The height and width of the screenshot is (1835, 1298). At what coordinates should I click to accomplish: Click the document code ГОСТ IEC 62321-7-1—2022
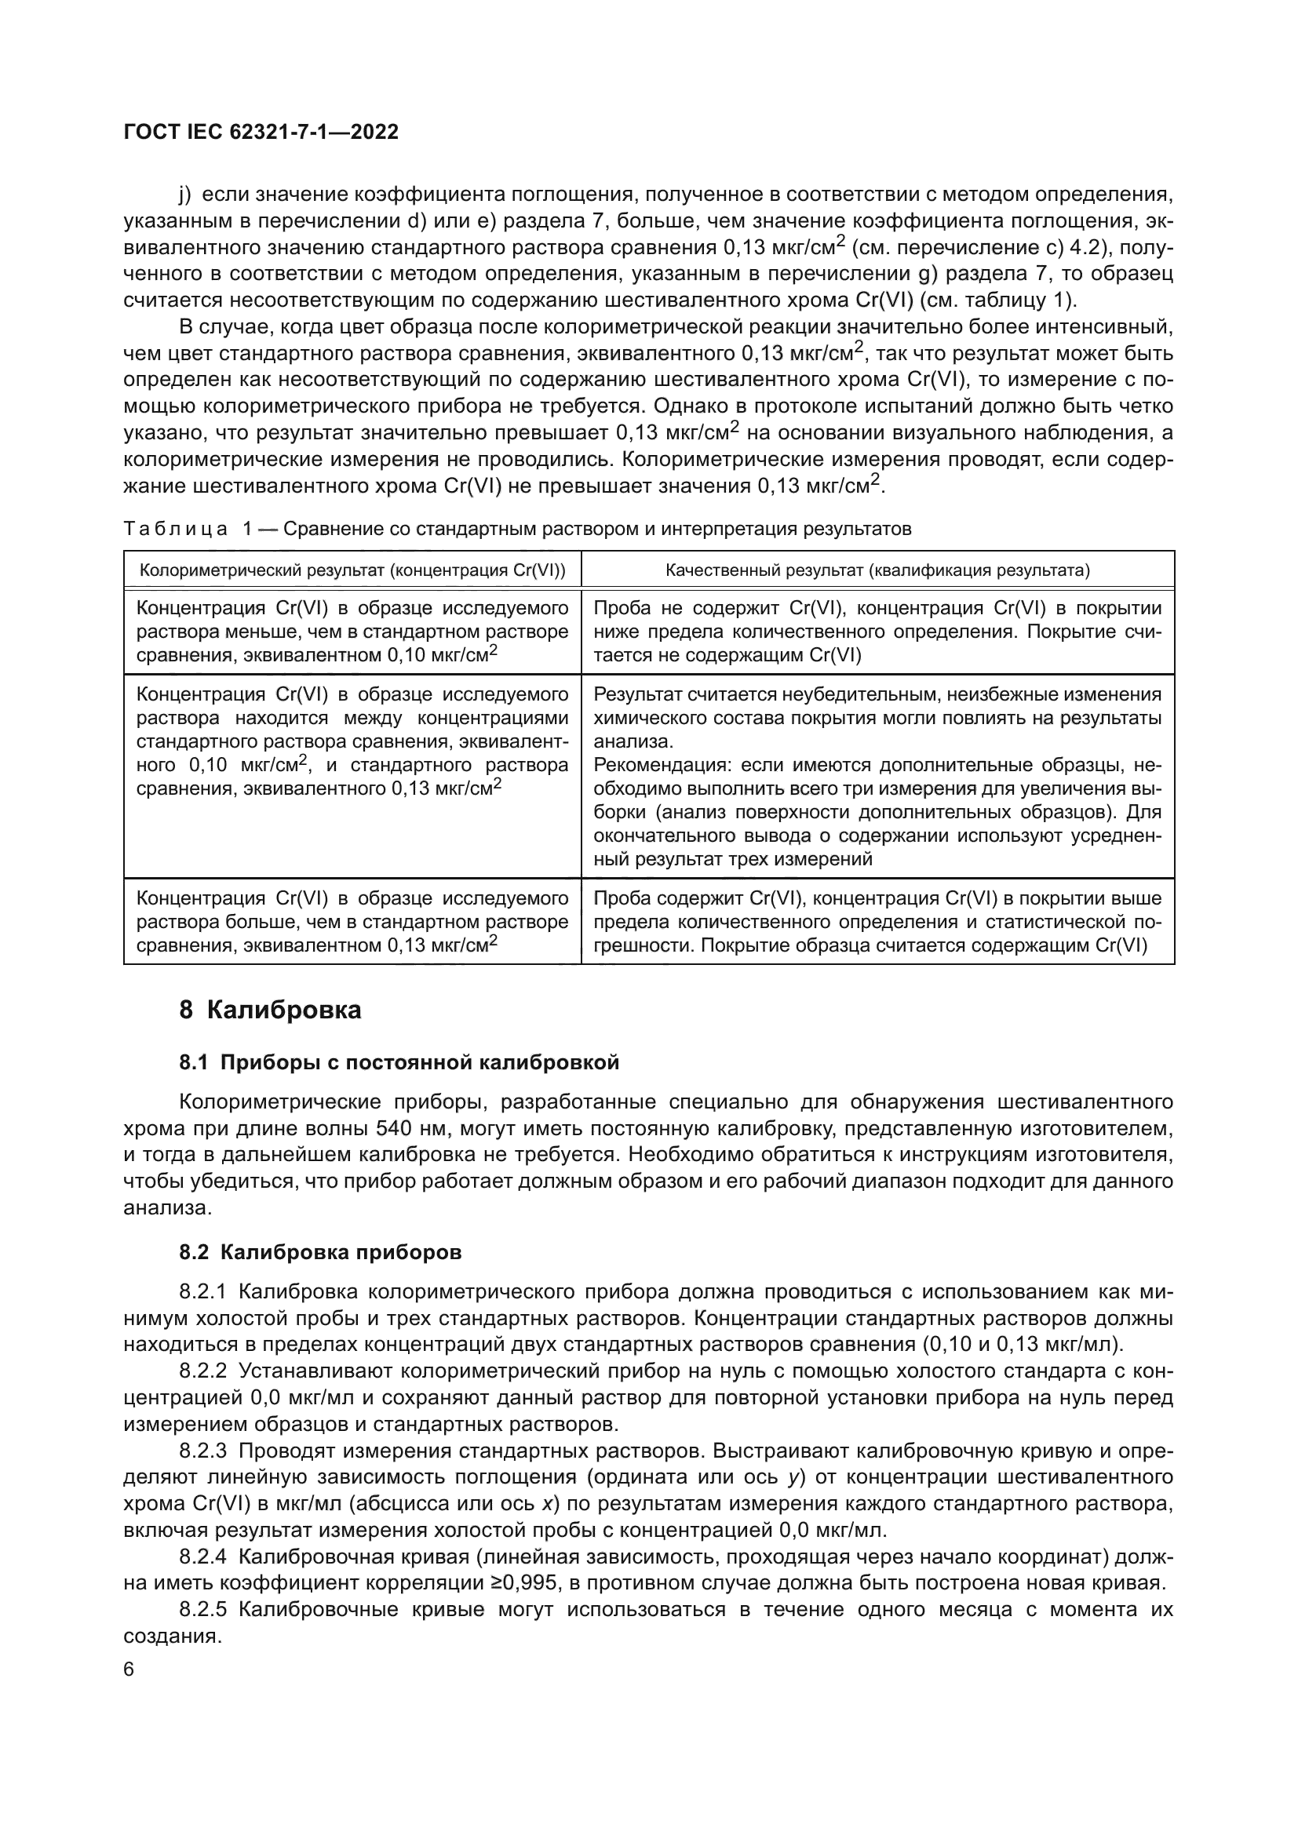coord(261,133)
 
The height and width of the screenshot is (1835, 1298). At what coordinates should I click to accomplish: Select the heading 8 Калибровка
coord(270,1010)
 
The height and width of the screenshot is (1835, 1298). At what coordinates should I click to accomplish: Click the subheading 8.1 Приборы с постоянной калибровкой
coord(399,1062)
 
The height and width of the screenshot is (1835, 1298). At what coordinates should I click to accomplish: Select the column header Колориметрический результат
coord(352,570)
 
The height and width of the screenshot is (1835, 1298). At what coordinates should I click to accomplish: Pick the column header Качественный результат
coord(877,570)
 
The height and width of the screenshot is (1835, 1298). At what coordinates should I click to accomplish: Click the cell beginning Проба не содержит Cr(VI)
coord(877,632)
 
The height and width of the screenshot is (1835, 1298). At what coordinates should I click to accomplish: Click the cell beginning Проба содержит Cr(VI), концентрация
coord(877,922)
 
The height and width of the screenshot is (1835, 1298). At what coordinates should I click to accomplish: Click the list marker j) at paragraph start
coord(184,195)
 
